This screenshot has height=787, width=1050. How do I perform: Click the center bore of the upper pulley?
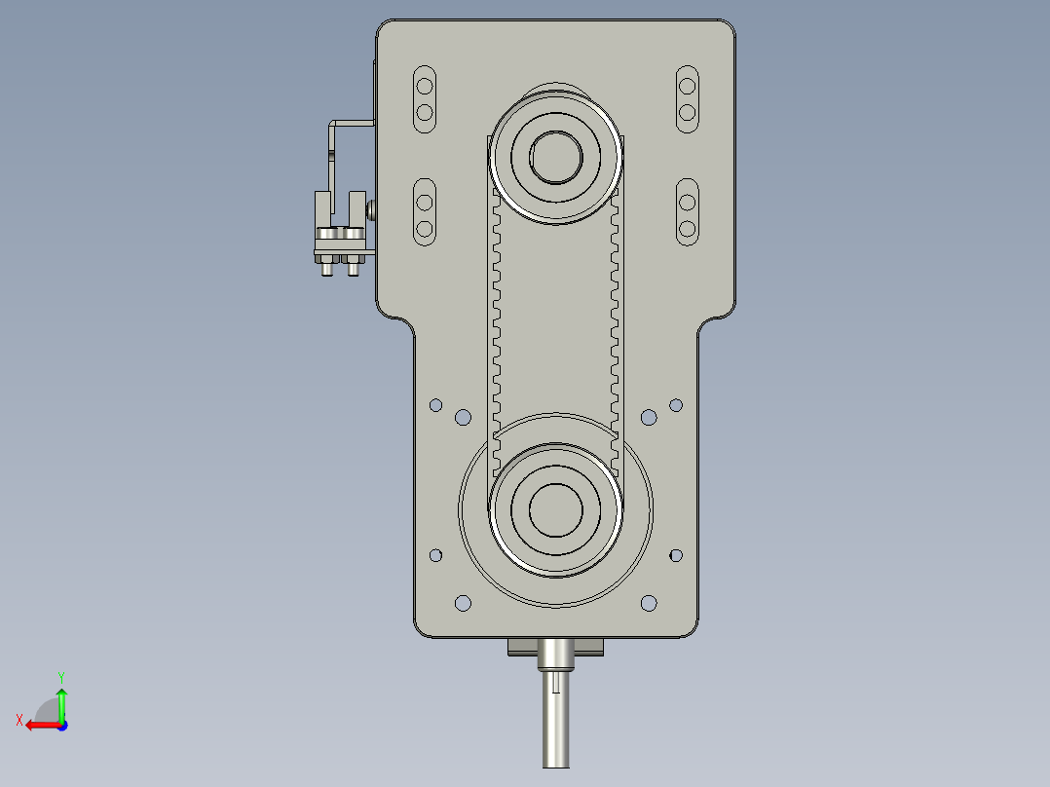(555, 156)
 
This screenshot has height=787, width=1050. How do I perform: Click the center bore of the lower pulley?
(555, 508)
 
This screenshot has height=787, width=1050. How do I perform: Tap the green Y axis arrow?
(61, 701)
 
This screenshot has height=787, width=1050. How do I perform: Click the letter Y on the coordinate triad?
(61, 675)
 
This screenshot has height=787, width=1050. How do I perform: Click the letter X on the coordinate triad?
(19, 720)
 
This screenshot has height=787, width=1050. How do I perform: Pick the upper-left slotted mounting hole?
(425, 98)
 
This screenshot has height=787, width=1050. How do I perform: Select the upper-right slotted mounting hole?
(687, 98)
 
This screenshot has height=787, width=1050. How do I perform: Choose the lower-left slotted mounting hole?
(425, 214)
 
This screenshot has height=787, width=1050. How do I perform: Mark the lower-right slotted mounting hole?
(687, 214)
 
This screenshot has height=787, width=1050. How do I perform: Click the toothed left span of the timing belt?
(496, 321)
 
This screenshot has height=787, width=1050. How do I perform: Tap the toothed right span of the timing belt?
(615, 321)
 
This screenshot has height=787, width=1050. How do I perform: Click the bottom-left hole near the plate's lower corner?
(463, 603)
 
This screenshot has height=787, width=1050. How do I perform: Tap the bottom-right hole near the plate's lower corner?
(649, 603)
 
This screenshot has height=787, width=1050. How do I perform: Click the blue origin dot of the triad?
(61, 725)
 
